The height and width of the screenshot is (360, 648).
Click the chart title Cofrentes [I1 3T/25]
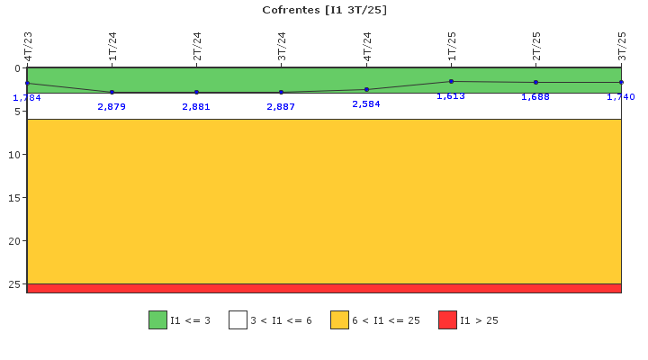(324, 10)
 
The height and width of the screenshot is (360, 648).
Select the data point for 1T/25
(451, 81)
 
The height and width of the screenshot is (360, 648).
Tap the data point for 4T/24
(366, 89)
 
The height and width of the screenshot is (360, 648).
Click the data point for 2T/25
(536, 82)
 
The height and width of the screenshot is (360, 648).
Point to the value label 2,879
(112, 106)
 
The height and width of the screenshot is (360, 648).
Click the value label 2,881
(196, 106)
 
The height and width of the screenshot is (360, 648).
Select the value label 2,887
(281, 106)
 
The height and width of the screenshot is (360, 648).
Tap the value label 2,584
(366, 103)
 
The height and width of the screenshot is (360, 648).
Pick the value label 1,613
(451, 96)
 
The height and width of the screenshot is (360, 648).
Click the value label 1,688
(535, 96)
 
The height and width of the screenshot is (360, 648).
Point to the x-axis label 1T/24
(112, 46)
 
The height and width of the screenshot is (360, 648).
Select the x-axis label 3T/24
(282, 46)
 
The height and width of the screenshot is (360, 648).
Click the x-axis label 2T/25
(536, 46)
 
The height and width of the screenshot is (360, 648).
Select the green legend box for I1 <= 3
(157, 319)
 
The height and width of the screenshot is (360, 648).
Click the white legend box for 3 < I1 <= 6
(238, 319)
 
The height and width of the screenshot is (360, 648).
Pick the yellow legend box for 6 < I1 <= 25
(339, 319)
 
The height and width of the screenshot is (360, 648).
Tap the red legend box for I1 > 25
(447, 319)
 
